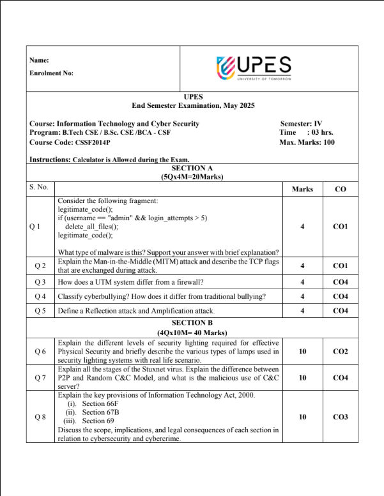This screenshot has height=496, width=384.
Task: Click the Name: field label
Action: tap(40, 60)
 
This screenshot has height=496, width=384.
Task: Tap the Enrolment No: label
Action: tap(51, 73)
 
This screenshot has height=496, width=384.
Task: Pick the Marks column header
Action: tap(302, 189)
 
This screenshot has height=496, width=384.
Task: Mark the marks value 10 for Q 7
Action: tap(302, 378)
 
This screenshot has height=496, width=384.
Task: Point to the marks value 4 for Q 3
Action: tap(302, 282)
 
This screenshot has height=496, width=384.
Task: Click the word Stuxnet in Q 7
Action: tap(169, 370)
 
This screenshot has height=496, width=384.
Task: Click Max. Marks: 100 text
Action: tap(307, 142)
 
